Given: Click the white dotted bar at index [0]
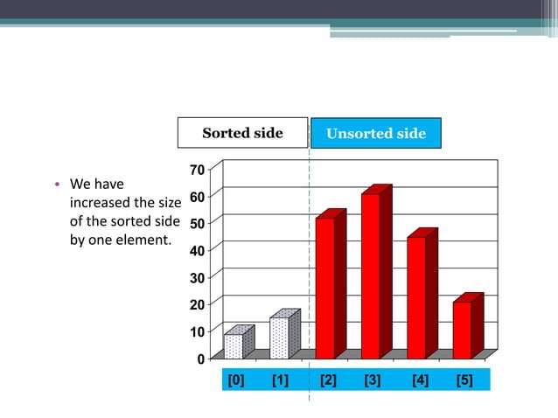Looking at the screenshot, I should (x=234, y=345).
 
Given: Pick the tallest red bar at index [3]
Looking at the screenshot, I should (x=371, y=275).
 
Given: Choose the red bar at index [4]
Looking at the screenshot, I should (x=416, y=297).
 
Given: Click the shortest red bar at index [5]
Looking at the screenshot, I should (x=462, y=330).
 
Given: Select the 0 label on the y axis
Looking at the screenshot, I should (x=200, y=359).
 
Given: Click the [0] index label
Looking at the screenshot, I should (x=235, y=380).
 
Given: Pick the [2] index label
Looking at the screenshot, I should (x=328, y=380).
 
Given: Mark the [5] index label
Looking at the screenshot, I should (x=464, y=380).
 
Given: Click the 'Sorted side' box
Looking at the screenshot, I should (x=242, y=133).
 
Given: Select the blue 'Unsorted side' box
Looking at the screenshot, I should (x=375, y=133).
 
